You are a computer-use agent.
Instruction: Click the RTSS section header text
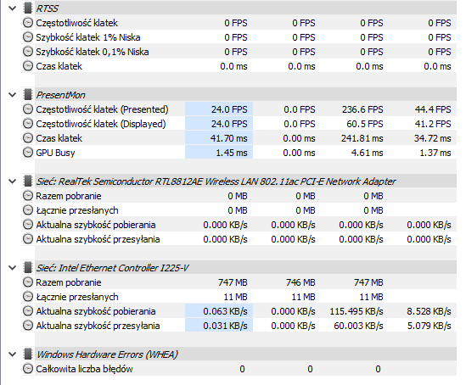pyautogui.click(x=47, y=8)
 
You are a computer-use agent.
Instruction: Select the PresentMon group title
pyautogui.click(x=60, y=95)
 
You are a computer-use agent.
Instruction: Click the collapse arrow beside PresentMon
pyautogui.click(x=13, y=95)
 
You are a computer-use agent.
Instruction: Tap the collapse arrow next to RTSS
pyautogui.click(x=13, y=8)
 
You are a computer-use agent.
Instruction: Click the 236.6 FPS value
pyautogui.click(x=362, y=109)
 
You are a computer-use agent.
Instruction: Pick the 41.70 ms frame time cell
pyautogui.click(x=228, y=138)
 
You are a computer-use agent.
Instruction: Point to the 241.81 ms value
pyautogui.click(x=362, y=138)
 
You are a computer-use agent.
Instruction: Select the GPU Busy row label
pyautogui.click(x=55, y=153)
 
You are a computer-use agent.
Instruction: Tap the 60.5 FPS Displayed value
pyautogui.click(x=365, y=124)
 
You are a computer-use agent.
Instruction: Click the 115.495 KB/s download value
pyautogui.click(x=357, y=311)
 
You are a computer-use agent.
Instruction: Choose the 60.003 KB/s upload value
pyautogui.click(x=358, y=326)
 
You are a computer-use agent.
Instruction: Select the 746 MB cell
pyautogui.click(x=300, y=282)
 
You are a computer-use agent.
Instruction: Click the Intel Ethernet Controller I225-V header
pyautogui.click(x=112, y=268)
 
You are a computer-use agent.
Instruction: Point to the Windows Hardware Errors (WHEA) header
pyautogui.click(x=107, y=354)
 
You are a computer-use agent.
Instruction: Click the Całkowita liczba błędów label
pyautogui.click(x=84, y=369)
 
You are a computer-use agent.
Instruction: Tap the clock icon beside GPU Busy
pyautogui.click(x=28, y=153)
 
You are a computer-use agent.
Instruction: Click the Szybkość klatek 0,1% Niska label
pyautogui.click(x=93, y=52)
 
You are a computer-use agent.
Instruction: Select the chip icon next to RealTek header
pyautogui.click(x=28, y=181)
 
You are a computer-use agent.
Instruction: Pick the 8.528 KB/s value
pyautogui.click(x=429, y=311)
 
